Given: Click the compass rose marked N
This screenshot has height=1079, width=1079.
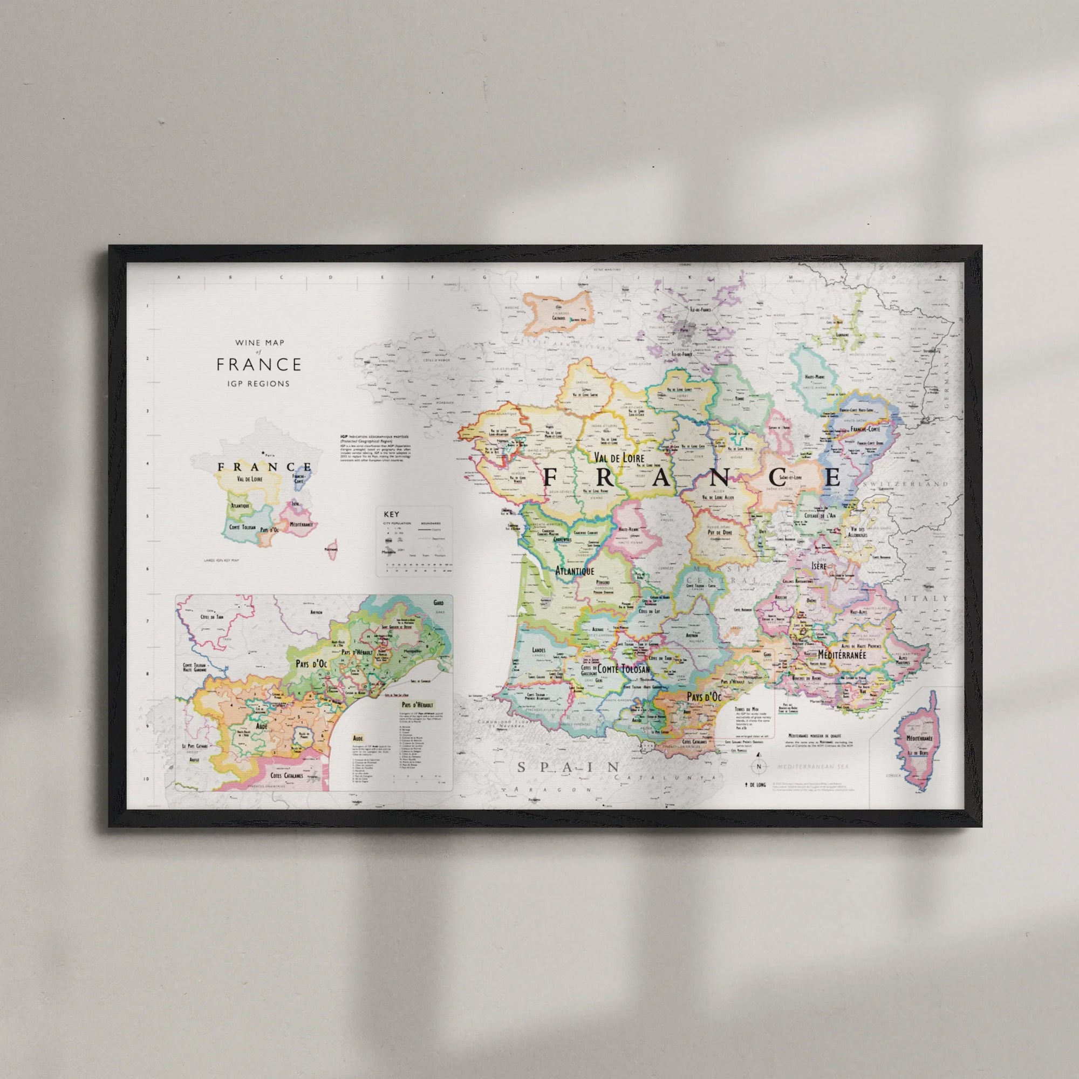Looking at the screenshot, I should [759, 767].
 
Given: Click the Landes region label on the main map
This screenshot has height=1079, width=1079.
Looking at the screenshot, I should [539, 650].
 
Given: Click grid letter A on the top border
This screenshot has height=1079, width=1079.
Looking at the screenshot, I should [179, 277].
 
